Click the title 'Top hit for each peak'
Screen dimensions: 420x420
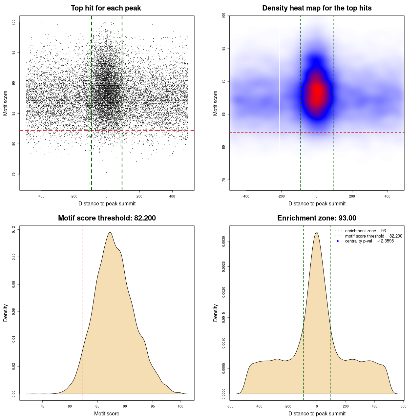pos(106,8)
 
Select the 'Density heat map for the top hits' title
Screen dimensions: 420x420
pos(317,8)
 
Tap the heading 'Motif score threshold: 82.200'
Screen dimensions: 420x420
pos(107,218)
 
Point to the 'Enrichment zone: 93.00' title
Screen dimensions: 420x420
pos(317,218)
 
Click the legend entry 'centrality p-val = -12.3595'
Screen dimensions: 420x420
pos(369,241)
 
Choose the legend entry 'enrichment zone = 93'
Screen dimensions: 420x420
pos(365,231)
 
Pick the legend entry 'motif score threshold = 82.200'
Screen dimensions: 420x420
pos(373,236)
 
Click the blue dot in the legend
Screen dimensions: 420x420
pos(338,241)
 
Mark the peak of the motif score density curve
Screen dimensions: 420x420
pos(110,232)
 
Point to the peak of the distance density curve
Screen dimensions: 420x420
pos(317,232)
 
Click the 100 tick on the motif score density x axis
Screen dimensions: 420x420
pos(180,406)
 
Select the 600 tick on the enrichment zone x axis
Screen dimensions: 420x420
pos(403,406)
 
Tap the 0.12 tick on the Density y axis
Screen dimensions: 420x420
pos(14,229)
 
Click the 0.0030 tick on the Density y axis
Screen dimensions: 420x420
pos(224,241)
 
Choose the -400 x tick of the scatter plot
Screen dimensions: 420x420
pos(41,196)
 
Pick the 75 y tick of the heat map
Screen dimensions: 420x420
pos(224,180)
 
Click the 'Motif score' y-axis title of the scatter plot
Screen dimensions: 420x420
pos(6,103)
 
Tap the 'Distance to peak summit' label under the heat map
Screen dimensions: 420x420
pos(317,204)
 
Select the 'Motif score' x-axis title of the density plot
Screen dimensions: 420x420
pos(107,414)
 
